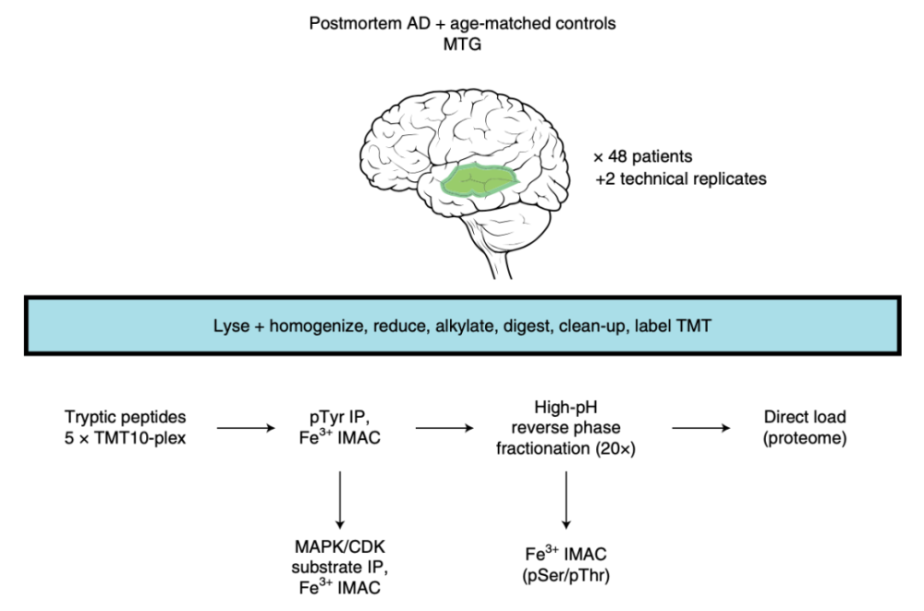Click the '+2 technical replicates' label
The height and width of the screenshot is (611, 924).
point(680,179)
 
